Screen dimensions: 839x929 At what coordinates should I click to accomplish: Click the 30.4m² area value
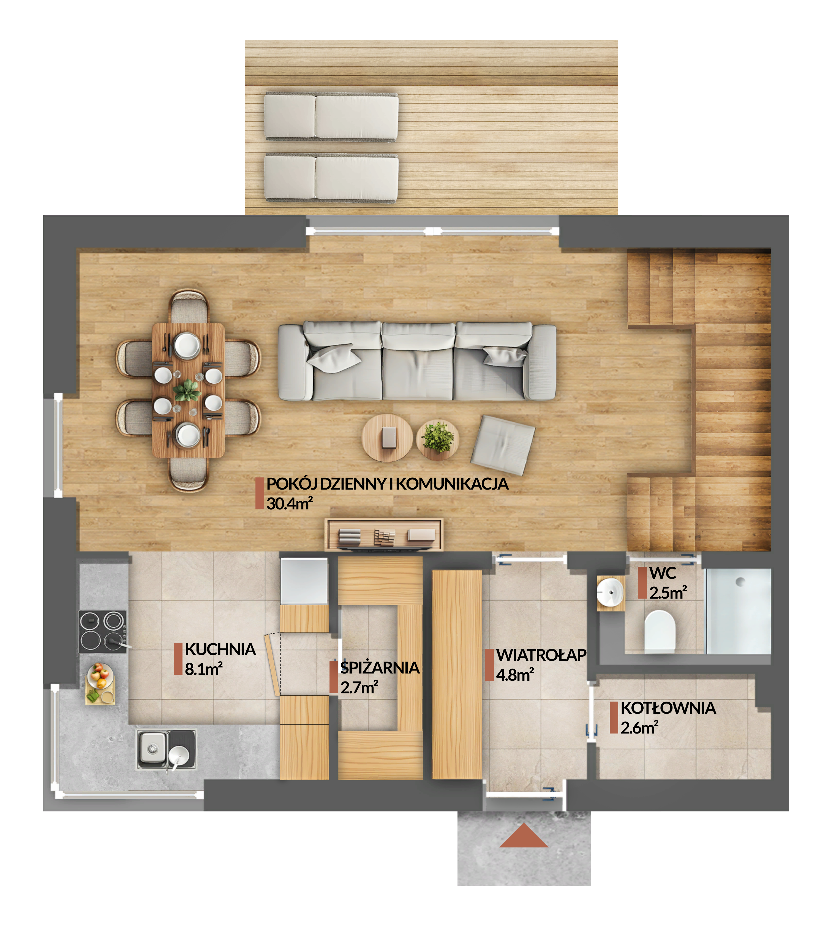click(289, 503)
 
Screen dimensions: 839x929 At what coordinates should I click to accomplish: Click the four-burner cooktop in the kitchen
click(102, 631)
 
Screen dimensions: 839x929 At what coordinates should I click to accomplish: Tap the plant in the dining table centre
click(187, 391)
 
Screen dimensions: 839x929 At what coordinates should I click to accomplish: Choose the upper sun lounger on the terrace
click(331, 117)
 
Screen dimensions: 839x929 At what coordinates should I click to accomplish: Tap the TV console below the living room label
click(383, 534)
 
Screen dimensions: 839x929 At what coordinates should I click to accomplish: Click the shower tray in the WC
click(738, 611)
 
